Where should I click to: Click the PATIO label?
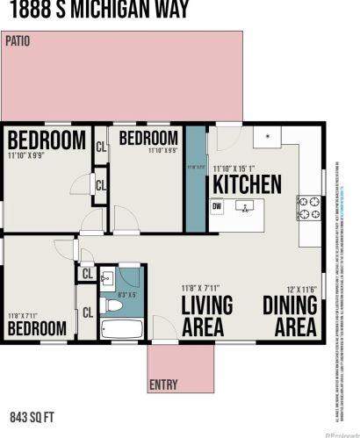[x=18, y=40]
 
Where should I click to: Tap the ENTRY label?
[x=162, y=384]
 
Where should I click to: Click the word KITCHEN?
[x=247, y=185]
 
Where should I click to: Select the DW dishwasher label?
[x=217, y=206]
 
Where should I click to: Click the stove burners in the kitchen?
[x=308, y=207]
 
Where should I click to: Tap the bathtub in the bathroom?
[x=122, y=330]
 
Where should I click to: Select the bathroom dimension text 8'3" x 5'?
[x=128, y=295]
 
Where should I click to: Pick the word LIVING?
[x=207, y=306]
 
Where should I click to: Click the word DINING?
[x=290, y=306]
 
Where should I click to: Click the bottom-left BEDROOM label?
[x=38, y=328]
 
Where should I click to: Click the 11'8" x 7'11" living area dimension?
[x=203, y=288]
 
